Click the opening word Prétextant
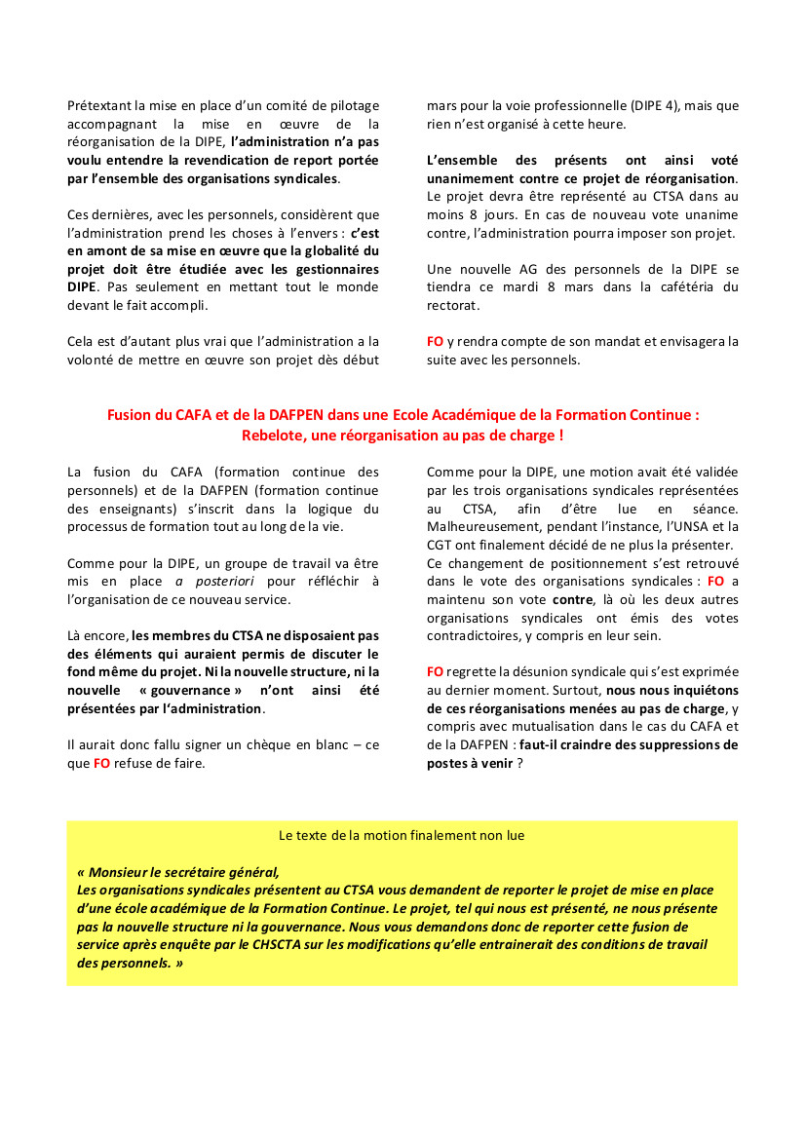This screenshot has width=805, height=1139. (x=99, y=105)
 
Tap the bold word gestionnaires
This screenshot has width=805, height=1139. (x=334, y=269)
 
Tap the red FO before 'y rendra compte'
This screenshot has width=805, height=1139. (x=435, y=342)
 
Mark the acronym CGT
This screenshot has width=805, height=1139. (x=441, y=545)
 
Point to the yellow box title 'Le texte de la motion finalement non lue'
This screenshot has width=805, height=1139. (x=402, y=835)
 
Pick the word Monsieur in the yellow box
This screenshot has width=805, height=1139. (x=122, y=872)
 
